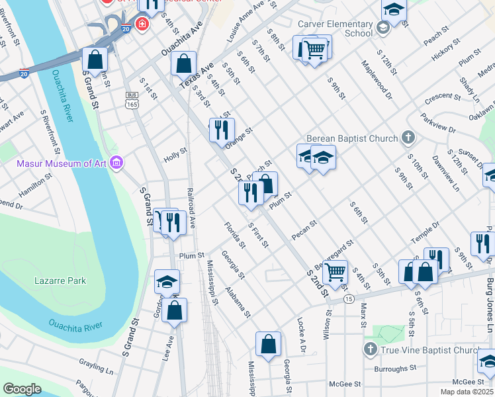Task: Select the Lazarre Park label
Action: point(60,281)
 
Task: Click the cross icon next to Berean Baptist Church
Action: point(409,138)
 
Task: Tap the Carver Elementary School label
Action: point(336,28)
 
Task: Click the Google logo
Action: point(22,389)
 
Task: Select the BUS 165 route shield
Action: point(132,100)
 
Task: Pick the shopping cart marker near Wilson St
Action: point(336,271)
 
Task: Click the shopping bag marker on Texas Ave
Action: point(184,64)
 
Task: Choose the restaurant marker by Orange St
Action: point(222,129)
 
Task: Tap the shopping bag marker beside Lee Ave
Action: point(174,310)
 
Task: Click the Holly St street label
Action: point(175,155)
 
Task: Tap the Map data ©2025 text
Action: point(467,392)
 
